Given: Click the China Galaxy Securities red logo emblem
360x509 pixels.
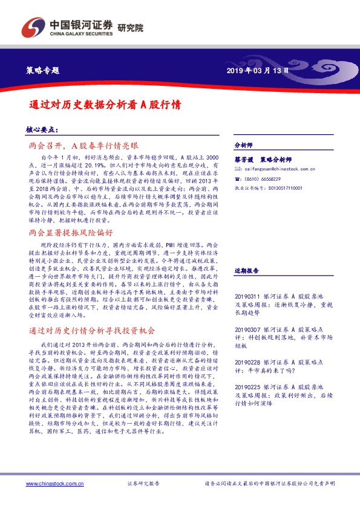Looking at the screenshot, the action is [33, 27].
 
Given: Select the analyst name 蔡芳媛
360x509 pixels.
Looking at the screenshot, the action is [243, 159].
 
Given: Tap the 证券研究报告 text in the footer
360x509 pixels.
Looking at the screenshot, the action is [143, 484].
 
